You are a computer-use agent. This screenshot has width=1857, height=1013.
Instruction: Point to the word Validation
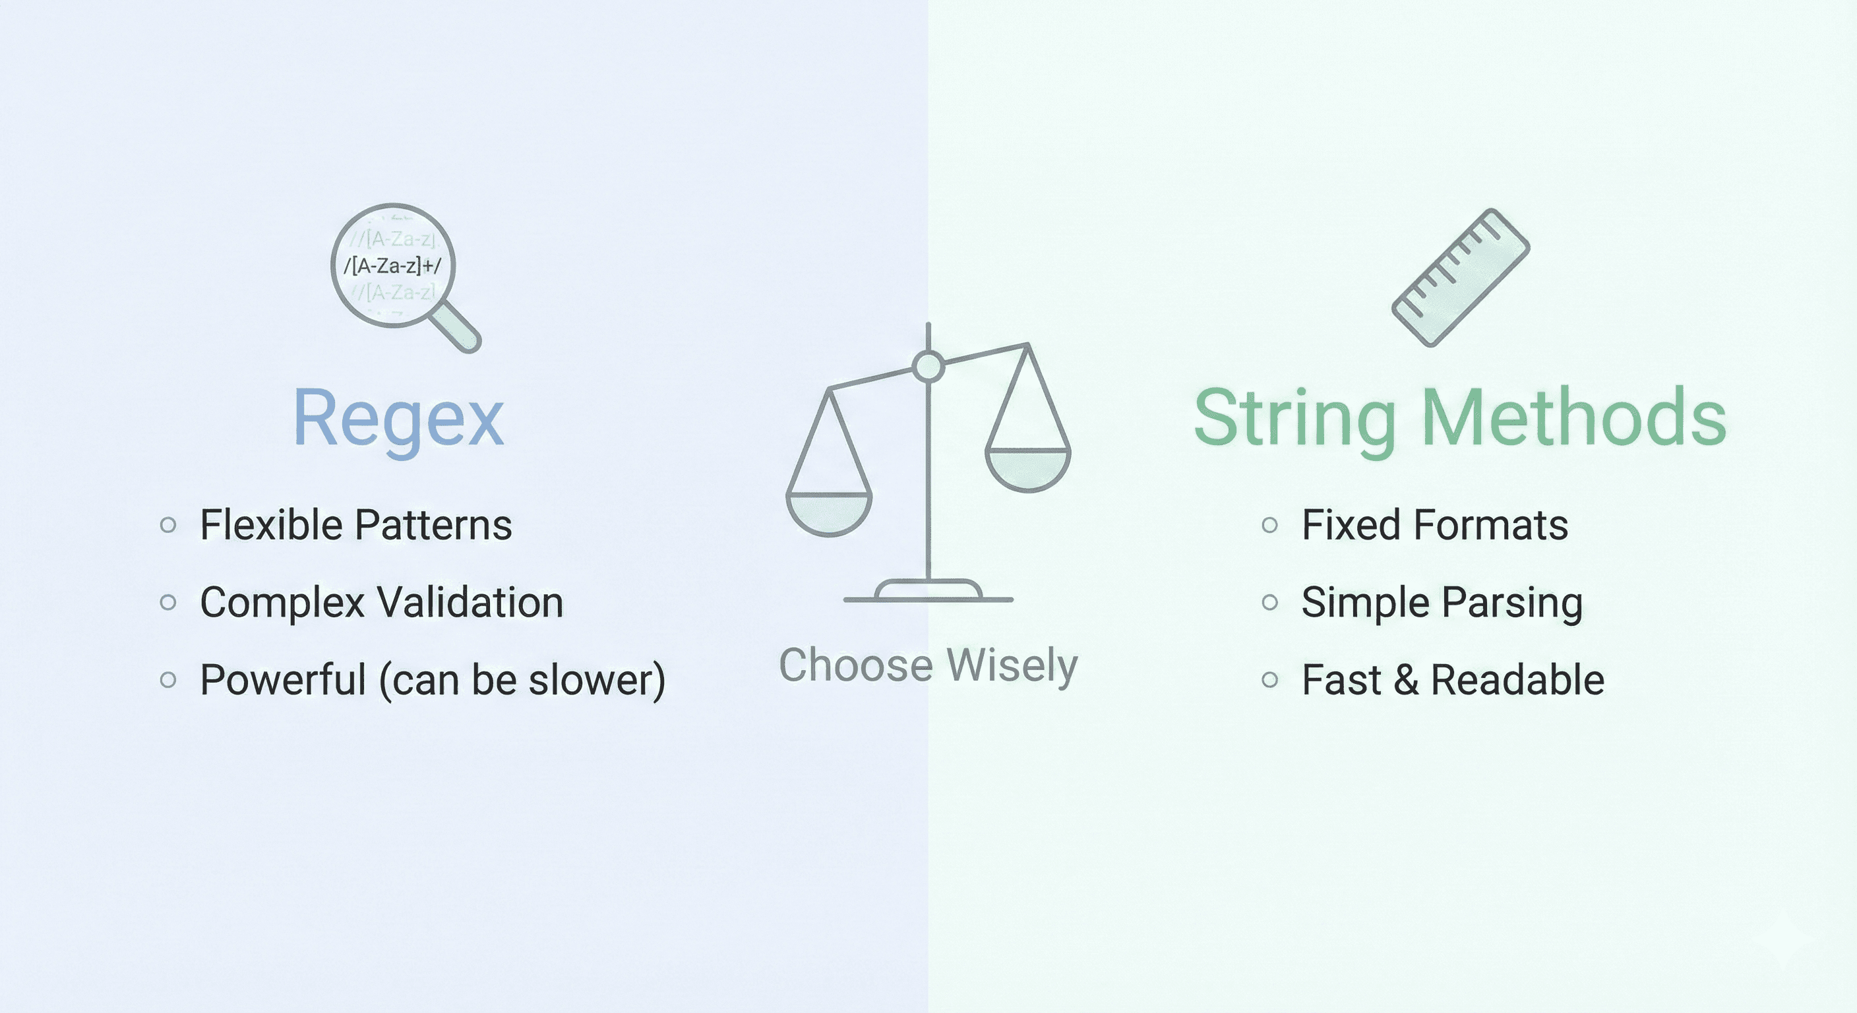point(470,603)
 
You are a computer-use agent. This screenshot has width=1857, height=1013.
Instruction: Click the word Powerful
point(284,680)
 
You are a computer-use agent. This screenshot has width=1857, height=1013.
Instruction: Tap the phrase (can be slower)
point(522,680)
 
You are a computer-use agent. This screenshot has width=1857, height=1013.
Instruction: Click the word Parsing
point(1511,603)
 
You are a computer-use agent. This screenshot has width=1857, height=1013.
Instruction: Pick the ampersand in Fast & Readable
point(1406,680)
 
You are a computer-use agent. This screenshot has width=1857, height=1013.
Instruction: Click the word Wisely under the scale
point(1012,665)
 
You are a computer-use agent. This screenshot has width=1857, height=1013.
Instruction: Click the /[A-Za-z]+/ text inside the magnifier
point(392,266)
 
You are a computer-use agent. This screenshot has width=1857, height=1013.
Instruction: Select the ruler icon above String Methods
point(1461,278)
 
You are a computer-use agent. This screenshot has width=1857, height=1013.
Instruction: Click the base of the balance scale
point(928,591)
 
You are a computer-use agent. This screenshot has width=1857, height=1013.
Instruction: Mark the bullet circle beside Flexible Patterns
point(168,525)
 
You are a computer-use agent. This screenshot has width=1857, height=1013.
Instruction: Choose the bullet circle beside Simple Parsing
point(1270,602)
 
